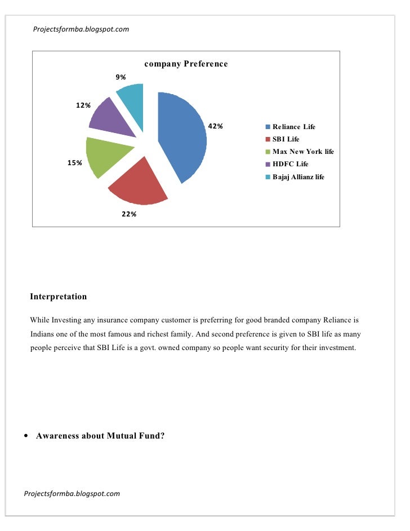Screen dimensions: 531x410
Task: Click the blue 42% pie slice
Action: pyautogui.click(x=183, y=135)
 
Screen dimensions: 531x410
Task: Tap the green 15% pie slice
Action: pyautogui.click(x=107, y=156)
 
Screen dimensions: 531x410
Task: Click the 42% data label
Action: pyautogui.click(x=216, y=126)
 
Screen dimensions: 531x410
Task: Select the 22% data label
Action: pyautogui.click(x=129, y=214)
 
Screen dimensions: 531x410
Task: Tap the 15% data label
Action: pyautogui.click(x=75, y=163)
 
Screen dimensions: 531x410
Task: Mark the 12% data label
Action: pyautogui.click(x=84, y=105)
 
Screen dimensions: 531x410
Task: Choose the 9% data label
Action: pyautogui.click(x=121, y=77)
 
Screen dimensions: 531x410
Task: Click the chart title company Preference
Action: pyautogui.click(x=186, y=64)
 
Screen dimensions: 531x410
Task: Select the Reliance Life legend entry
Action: pyautogui.click(x=294, y=127)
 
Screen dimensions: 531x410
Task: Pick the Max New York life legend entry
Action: pyautogui.click(x=303, y=152)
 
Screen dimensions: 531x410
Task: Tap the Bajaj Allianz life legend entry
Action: pyautogui.click(x=298, y=177)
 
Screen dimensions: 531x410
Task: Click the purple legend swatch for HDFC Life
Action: pyautogui.click(x=269, y=165)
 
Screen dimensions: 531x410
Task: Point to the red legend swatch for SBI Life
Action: pyautogui.click(x=269, y=139)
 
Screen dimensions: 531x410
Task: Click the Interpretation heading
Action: pyautogui.click(x=59, y=297)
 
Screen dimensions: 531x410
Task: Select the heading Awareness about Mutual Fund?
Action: pyautogui.click(x=100, y=436)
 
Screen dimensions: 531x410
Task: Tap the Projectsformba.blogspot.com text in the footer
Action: pyautogui.click(x=72, y=494)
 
